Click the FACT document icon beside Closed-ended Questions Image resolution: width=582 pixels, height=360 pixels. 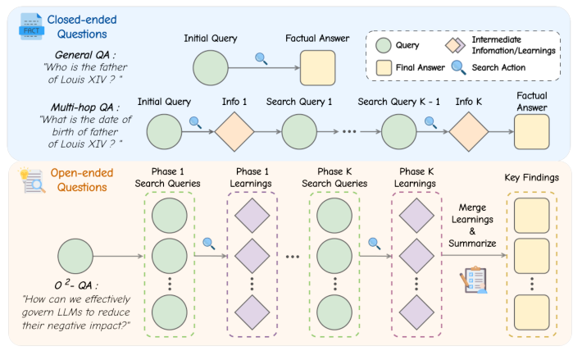pyautogui.click(x=30, y=26)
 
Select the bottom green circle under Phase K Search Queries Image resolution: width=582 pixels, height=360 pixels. pyautogui.click(x=333, y=312)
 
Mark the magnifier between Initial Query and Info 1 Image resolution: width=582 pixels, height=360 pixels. pyautogui.click(x=196, y=122)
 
